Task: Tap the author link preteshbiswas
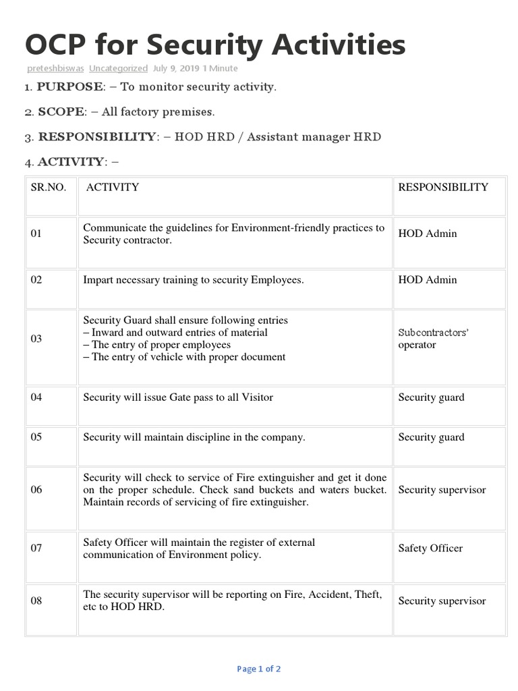55,68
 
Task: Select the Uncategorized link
118,68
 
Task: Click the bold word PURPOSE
70,86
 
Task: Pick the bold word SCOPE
61,111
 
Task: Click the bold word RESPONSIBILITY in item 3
96,136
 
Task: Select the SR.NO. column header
49,187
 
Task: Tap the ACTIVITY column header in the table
113,187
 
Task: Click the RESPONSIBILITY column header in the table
443,187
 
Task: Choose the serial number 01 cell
36,233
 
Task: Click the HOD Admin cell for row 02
427,279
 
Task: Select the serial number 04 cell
36,397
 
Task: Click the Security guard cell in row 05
431,437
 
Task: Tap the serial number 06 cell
36,490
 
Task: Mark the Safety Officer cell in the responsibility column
430,548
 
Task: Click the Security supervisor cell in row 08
442,601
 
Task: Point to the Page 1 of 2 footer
259,669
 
